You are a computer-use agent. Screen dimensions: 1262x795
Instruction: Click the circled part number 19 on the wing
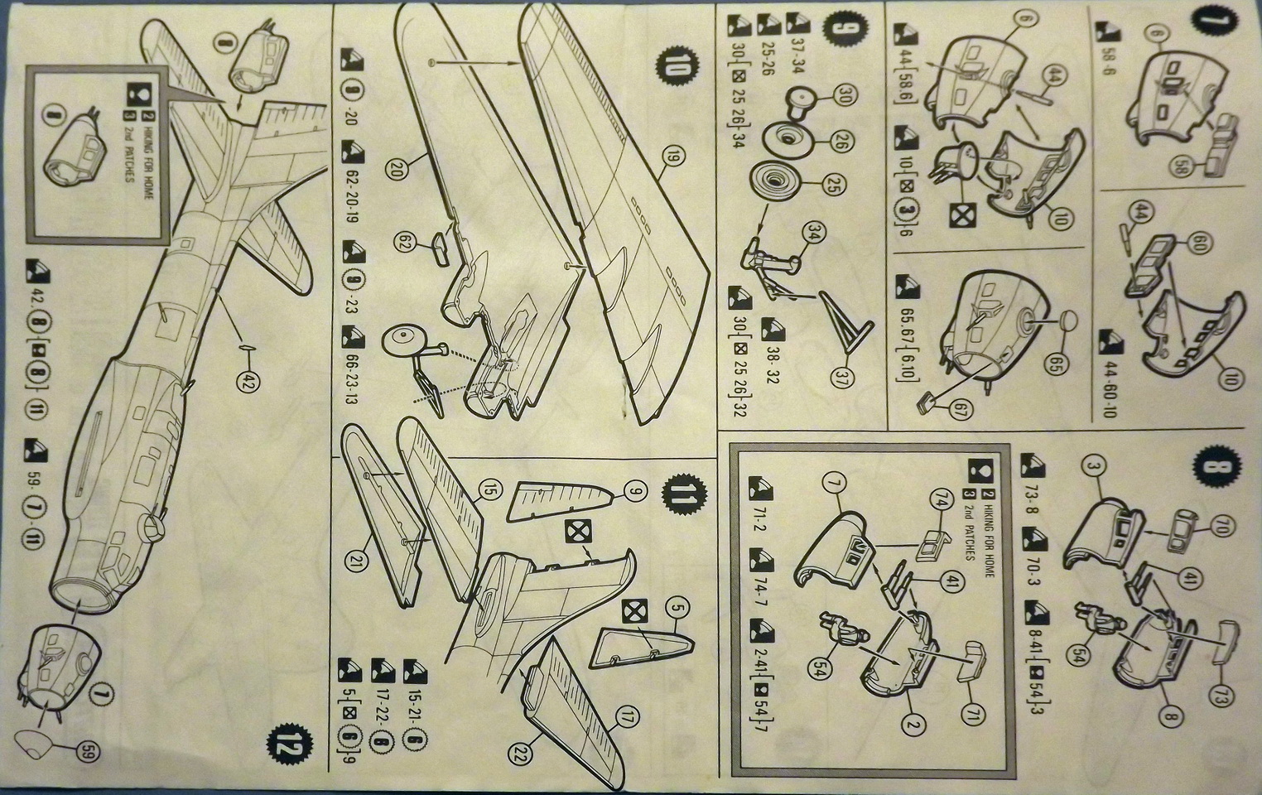(x=668, y=154)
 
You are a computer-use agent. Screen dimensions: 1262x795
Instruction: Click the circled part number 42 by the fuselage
(x=246, y=381)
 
